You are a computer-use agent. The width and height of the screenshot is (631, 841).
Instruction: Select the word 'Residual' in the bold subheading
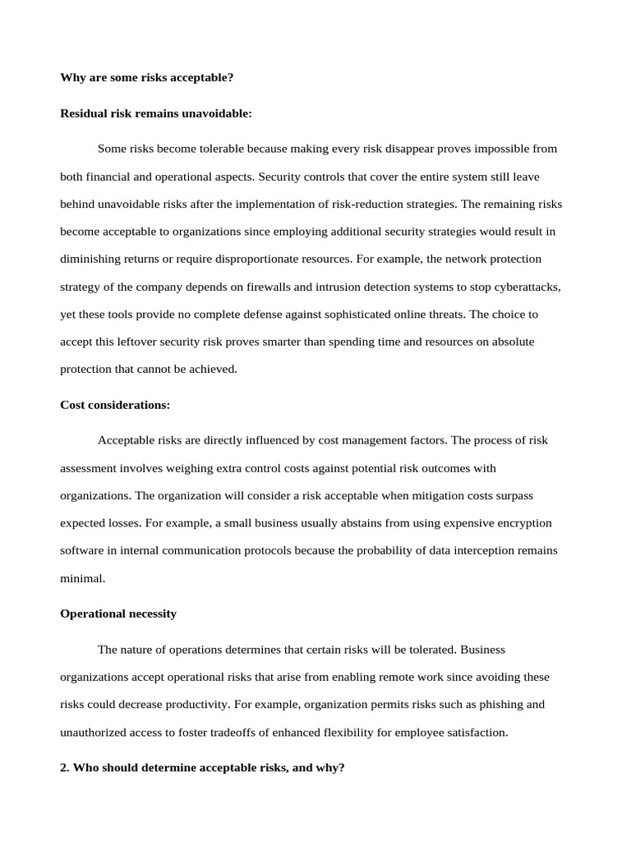pos(84,113)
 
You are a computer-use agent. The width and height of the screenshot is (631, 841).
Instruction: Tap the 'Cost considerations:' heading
pos(115,405)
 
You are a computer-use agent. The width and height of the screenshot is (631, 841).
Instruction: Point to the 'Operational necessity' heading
pos(118,614)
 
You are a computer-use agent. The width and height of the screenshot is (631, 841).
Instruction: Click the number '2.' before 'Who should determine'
pos(66,768)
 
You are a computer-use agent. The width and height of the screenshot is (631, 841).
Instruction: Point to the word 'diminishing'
pos(92,259)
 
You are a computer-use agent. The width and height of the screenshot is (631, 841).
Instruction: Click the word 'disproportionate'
pos(261,259)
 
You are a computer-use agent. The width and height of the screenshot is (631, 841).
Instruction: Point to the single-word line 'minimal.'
pos(83,578)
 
